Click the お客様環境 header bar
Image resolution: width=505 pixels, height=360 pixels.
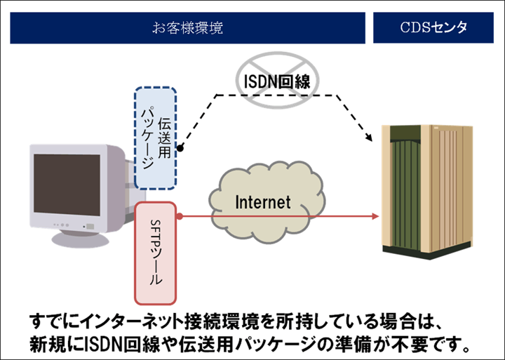coord(188,28)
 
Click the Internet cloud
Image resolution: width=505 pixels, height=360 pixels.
coord(262,203)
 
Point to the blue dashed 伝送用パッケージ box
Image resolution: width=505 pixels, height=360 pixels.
coord(156,139)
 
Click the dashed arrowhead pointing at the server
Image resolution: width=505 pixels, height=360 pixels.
coord(369,138)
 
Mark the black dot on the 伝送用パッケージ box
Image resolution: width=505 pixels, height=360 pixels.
coord(180,149)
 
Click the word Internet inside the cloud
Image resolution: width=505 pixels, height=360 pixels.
coord(262,203)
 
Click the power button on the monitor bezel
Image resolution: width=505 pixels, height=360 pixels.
coord(89,226)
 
